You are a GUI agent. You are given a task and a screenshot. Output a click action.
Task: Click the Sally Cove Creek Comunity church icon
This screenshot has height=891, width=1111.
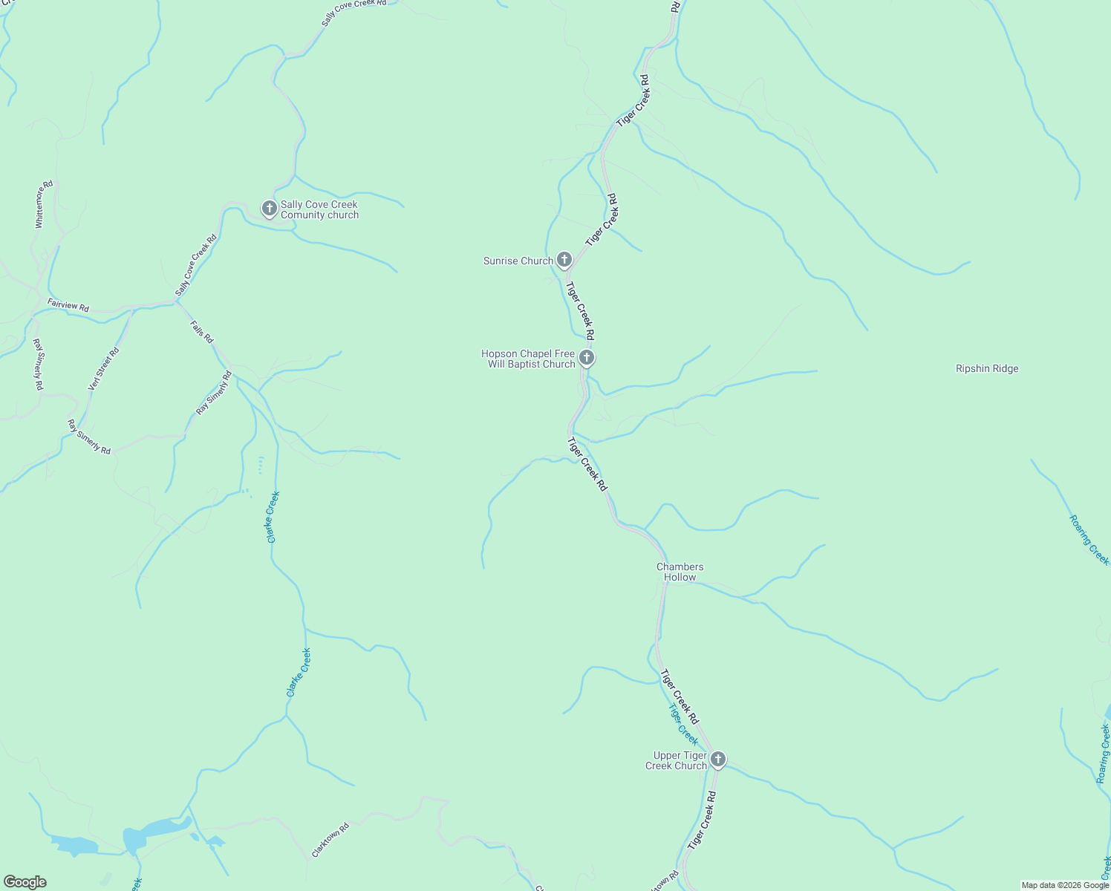coord(270,209)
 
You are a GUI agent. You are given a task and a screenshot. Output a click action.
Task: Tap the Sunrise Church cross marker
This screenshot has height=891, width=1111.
coord(564,260)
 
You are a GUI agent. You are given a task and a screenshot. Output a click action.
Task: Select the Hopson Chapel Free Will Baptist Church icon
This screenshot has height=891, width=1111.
coord(587,359)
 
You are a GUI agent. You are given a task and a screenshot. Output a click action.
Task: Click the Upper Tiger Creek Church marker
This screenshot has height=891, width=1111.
coord(717,760)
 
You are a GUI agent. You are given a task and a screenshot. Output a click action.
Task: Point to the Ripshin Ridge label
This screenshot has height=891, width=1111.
coord(986,368)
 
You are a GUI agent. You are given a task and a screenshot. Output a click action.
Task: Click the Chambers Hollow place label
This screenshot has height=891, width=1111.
coord(680,572)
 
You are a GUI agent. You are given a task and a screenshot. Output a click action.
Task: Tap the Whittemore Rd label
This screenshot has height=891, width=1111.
coord(44,204)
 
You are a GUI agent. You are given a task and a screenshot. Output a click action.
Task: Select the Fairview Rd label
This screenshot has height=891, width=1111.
coord(68,305)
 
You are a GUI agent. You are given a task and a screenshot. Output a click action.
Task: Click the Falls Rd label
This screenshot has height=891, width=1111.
coord(201,330)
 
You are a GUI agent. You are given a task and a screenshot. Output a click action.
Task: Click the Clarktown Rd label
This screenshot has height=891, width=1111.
coord(330,840)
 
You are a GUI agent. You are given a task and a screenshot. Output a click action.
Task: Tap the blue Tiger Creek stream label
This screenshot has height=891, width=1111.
coord(682,724)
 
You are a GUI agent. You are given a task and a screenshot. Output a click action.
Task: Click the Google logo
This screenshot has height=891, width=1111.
coord(25,882)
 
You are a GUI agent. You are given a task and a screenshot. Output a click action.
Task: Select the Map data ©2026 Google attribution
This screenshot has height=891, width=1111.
coord(1064,885)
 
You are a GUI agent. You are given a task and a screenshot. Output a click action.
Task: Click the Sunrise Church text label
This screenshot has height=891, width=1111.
coord(518,261)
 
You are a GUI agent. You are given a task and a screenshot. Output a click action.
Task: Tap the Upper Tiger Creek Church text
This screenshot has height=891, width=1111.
coord(675,760)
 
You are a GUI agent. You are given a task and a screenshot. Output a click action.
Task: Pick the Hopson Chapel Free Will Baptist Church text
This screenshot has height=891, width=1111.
coord(528,359)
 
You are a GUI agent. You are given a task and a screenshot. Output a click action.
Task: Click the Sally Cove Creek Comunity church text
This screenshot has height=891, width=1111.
coord(319,209)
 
